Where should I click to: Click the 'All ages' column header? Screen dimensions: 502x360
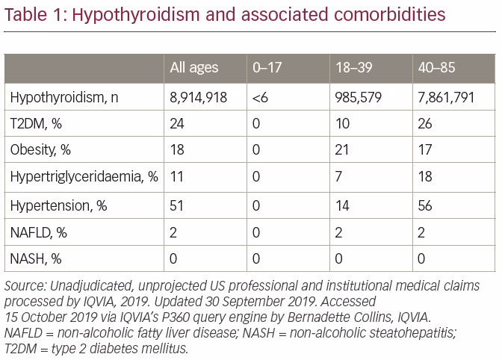click(x=194, y=68)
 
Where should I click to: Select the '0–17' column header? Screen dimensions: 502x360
click(x=267, y=67)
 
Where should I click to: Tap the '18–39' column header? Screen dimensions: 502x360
click(x=354, y=67)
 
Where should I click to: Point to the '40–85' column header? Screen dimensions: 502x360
click(x=436, y=67)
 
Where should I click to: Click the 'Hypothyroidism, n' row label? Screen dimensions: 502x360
click(x=64, y=98)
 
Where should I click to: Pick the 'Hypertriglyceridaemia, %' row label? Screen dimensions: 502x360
click(x=84, y=177)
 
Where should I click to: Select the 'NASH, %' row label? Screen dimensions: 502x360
click(x=36, y=258)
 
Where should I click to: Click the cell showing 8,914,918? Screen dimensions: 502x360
click(x=198, y=98)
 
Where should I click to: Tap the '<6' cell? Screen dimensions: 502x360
click(x=260, y=98)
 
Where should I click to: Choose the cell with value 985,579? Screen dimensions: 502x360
click(x=359, y=98)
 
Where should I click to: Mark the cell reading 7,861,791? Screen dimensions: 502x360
click(x=446, y=98)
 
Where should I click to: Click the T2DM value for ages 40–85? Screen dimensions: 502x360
click(x=425, y=124)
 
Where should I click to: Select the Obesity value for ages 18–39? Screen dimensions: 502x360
click(x=342, y=150)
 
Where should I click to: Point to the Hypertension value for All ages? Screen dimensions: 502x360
click(x=176, y=205)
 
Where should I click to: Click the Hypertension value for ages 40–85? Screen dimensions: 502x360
click(x=425, y=205)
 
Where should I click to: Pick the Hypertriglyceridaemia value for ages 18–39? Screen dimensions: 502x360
click(x=338, y=177)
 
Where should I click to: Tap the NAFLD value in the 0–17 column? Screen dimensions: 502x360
click(x=256, y=232)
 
